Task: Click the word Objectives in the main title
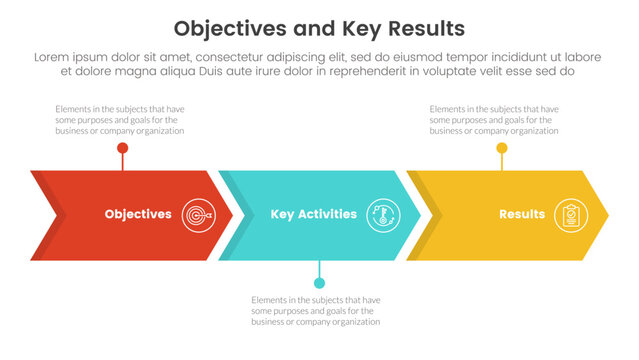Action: (x=228, y=27)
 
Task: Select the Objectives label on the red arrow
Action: (x=138, y=214)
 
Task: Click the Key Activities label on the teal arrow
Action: (x=313, y=214)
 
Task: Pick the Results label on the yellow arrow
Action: (x=522, y=214)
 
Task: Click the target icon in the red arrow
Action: (x=198, y=214)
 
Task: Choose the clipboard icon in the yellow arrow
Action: (x=570, y=214)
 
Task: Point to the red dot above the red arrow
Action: (x=122, y=148)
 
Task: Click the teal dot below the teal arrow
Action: (x=319, y=283)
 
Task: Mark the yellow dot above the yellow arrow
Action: (x=502, y=148)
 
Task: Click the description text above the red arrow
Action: (x=120, y=120)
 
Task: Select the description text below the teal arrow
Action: (x=316, y=311)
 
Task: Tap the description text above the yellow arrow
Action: (x=494, y=120)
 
